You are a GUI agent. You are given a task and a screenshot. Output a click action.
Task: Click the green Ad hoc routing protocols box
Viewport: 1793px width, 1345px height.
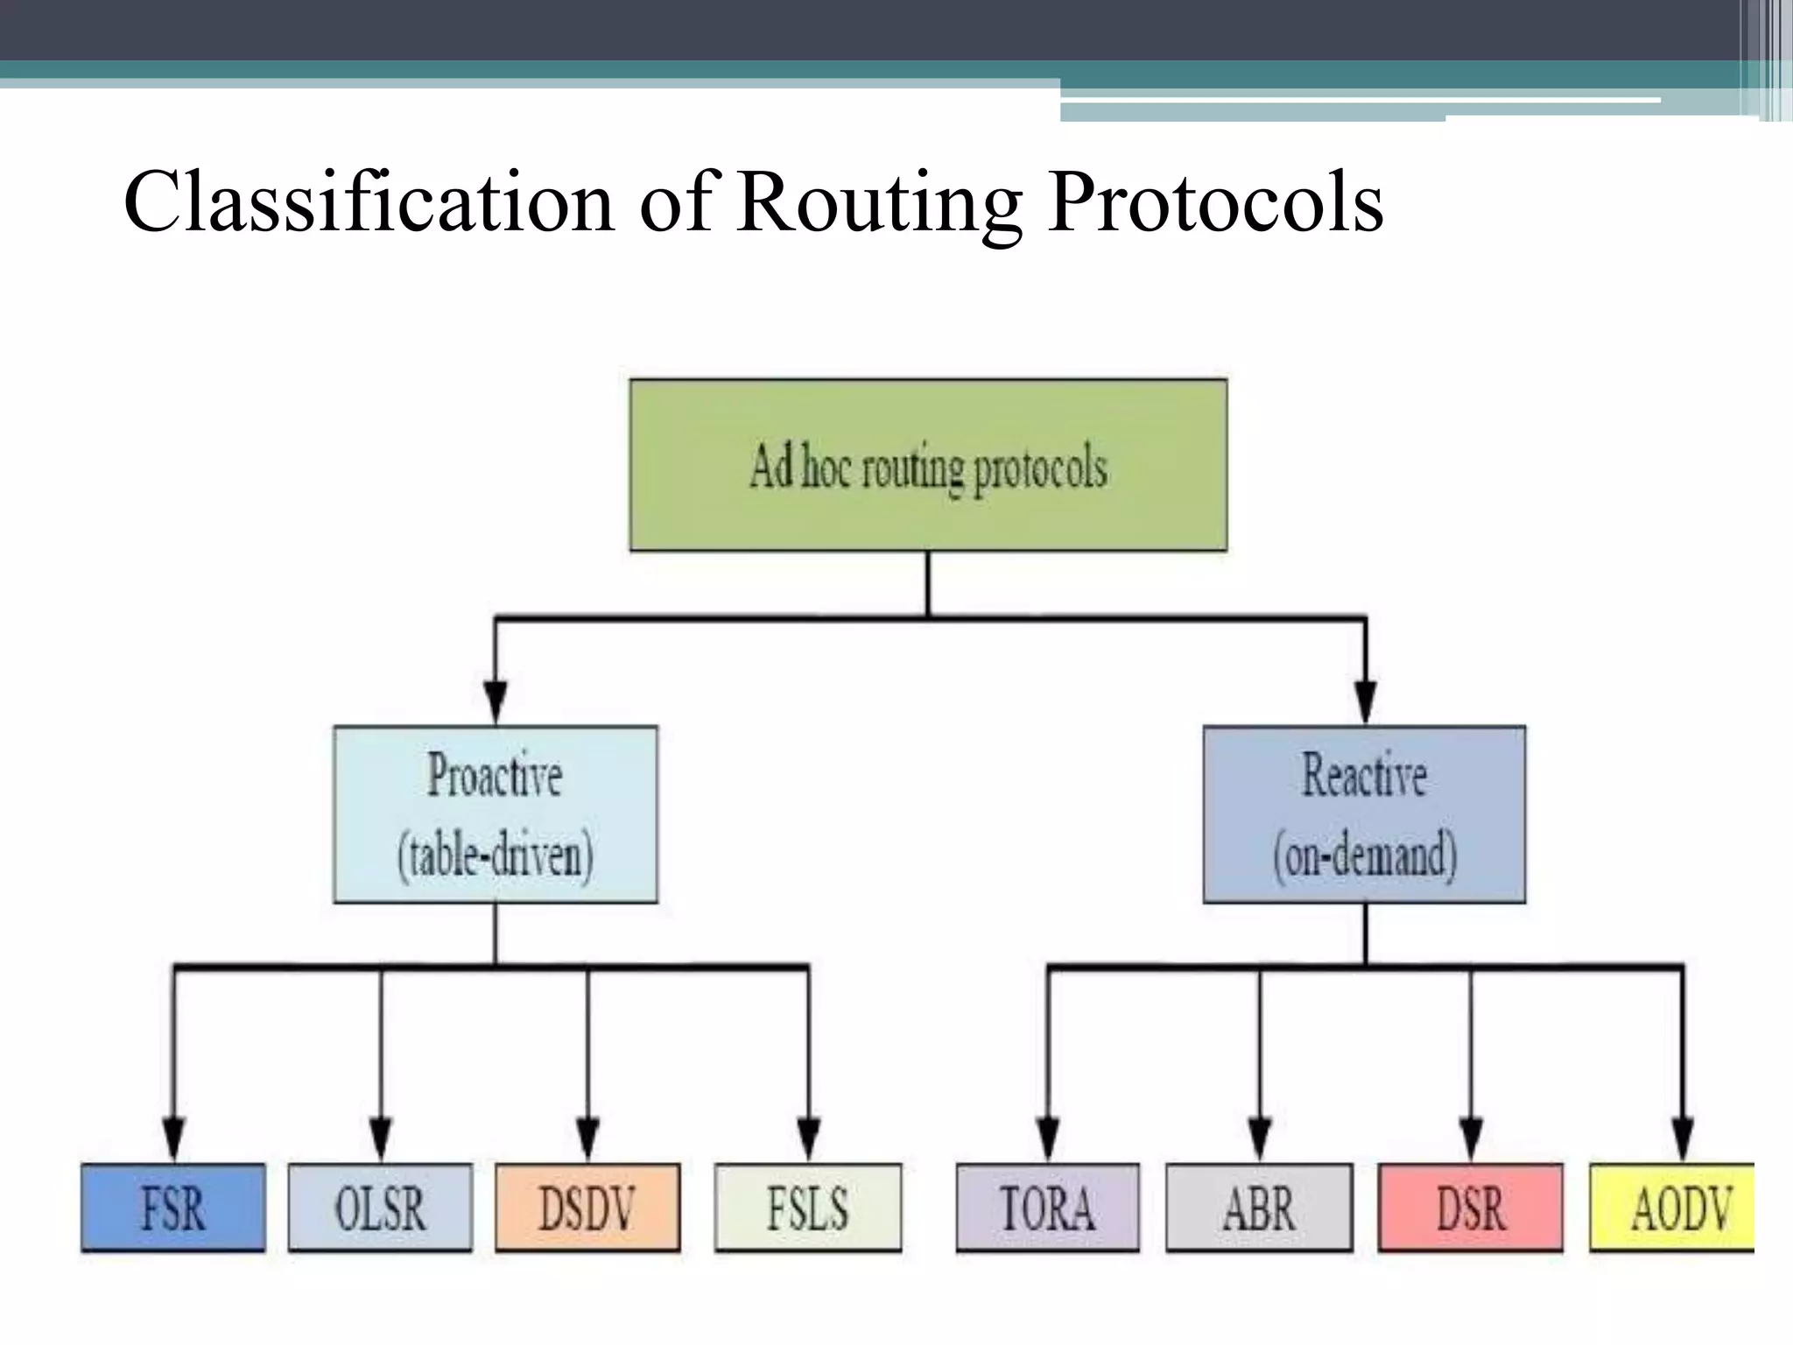[x=928, y=465]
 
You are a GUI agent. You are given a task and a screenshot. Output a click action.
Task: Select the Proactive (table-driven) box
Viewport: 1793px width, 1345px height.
[x=496, y=813]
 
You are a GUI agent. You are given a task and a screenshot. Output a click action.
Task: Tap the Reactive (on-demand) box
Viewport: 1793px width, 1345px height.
[x=1364, y=813]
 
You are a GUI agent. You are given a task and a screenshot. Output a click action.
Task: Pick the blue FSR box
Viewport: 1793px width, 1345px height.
[x=173, y=1208]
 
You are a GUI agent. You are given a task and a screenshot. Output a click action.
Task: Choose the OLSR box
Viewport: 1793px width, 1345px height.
[x=380, y=1208]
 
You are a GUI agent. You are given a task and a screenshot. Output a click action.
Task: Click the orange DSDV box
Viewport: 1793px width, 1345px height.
[x=587, y=1208]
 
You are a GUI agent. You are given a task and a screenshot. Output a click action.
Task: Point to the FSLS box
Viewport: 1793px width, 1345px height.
[x=807, y=1208]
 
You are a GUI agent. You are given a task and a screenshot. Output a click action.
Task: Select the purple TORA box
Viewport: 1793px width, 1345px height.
[x=1048, y=1208]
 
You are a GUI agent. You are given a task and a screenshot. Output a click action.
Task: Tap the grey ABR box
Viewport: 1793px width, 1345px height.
[x=1259, y=1208]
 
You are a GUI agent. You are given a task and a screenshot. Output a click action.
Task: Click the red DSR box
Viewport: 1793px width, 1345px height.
[x=1471, y=1208]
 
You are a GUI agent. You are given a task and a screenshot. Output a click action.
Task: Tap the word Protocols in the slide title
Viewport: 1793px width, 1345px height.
[x=1215, y=203]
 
